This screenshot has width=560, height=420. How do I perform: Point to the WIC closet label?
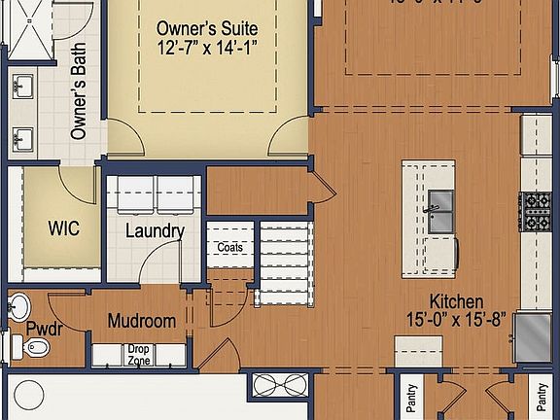pos(63,229)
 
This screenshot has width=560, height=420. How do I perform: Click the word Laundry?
pos(155,231)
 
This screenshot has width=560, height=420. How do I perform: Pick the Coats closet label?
pos(229,247)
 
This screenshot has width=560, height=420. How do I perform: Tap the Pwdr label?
pos(45,328)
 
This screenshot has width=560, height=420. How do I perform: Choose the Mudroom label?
pos(141,321)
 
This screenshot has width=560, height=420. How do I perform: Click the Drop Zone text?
pos(139,355)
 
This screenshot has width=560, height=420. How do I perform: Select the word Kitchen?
pos(457,302)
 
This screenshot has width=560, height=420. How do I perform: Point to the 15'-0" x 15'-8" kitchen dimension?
pos(457,320)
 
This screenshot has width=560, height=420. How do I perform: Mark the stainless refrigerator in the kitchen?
pos(532,336)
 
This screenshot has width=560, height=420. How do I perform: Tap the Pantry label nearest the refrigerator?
pos(542,397)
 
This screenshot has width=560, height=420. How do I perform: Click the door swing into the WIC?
pos(76,185)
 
